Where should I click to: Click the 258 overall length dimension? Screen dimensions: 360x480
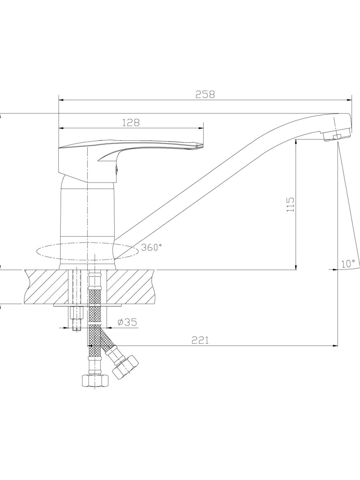(205, 94)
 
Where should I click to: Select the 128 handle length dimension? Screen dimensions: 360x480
(130, 123)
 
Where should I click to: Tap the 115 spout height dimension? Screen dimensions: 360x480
(290, 204)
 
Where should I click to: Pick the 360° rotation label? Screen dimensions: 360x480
(152, 247)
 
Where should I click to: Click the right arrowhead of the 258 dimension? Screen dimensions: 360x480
(349, 100)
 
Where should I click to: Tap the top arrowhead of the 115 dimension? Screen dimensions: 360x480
(296, 142)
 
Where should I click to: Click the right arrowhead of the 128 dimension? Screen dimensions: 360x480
(201, 128)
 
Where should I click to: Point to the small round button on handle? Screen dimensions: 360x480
(116, 169)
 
